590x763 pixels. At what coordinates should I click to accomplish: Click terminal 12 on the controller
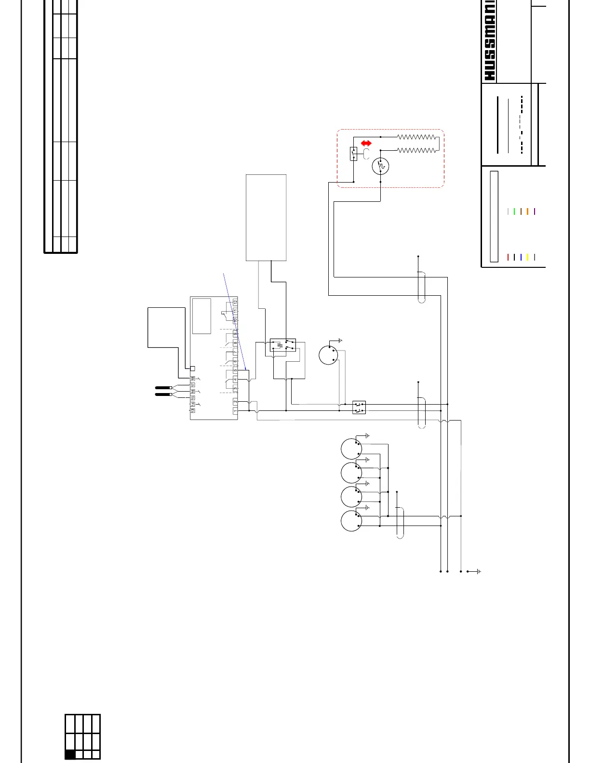coord(235,302)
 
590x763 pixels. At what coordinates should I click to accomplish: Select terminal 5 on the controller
coord(235,370)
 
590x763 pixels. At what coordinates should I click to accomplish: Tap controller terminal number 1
coord(235,410)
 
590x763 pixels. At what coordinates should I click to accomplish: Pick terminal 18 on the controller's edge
coord(192,379)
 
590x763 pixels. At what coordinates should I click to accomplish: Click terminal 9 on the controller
coord(235,334)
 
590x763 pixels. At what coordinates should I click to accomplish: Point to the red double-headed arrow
coord(366,143)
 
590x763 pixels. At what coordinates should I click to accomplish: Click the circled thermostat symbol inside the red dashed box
coord(380,166)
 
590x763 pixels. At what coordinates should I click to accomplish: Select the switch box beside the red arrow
coord(353,154)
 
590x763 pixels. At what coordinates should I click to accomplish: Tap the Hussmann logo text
coord(489,41)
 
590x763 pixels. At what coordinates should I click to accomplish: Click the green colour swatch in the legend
coord(514,211)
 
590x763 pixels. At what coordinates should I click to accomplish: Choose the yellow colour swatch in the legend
coord(527,257)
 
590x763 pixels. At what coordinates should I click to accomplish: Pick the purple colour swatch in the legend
coord(535,211)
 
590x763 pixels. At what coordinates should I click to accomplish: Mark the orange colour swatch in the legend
coord(527,211)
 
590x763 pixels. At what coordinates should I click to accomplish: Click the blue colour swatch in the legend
coord(521,257)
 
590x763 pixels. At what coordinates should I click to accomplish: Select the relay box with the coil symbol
coord(283,345)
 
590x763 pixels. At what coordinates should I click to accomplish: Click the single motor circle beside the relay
coord(328,355)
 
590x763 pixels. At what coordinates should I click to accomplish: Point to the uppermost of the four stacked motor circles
coord(351,449)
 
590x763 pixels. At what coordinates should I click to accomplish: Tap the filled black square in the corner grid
coord(70,754)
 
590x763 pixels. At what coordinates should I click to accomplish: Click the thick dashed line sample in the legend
coord(522,125)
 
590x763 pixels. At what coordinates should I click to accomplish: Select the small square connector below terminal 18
coord(192,368)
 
